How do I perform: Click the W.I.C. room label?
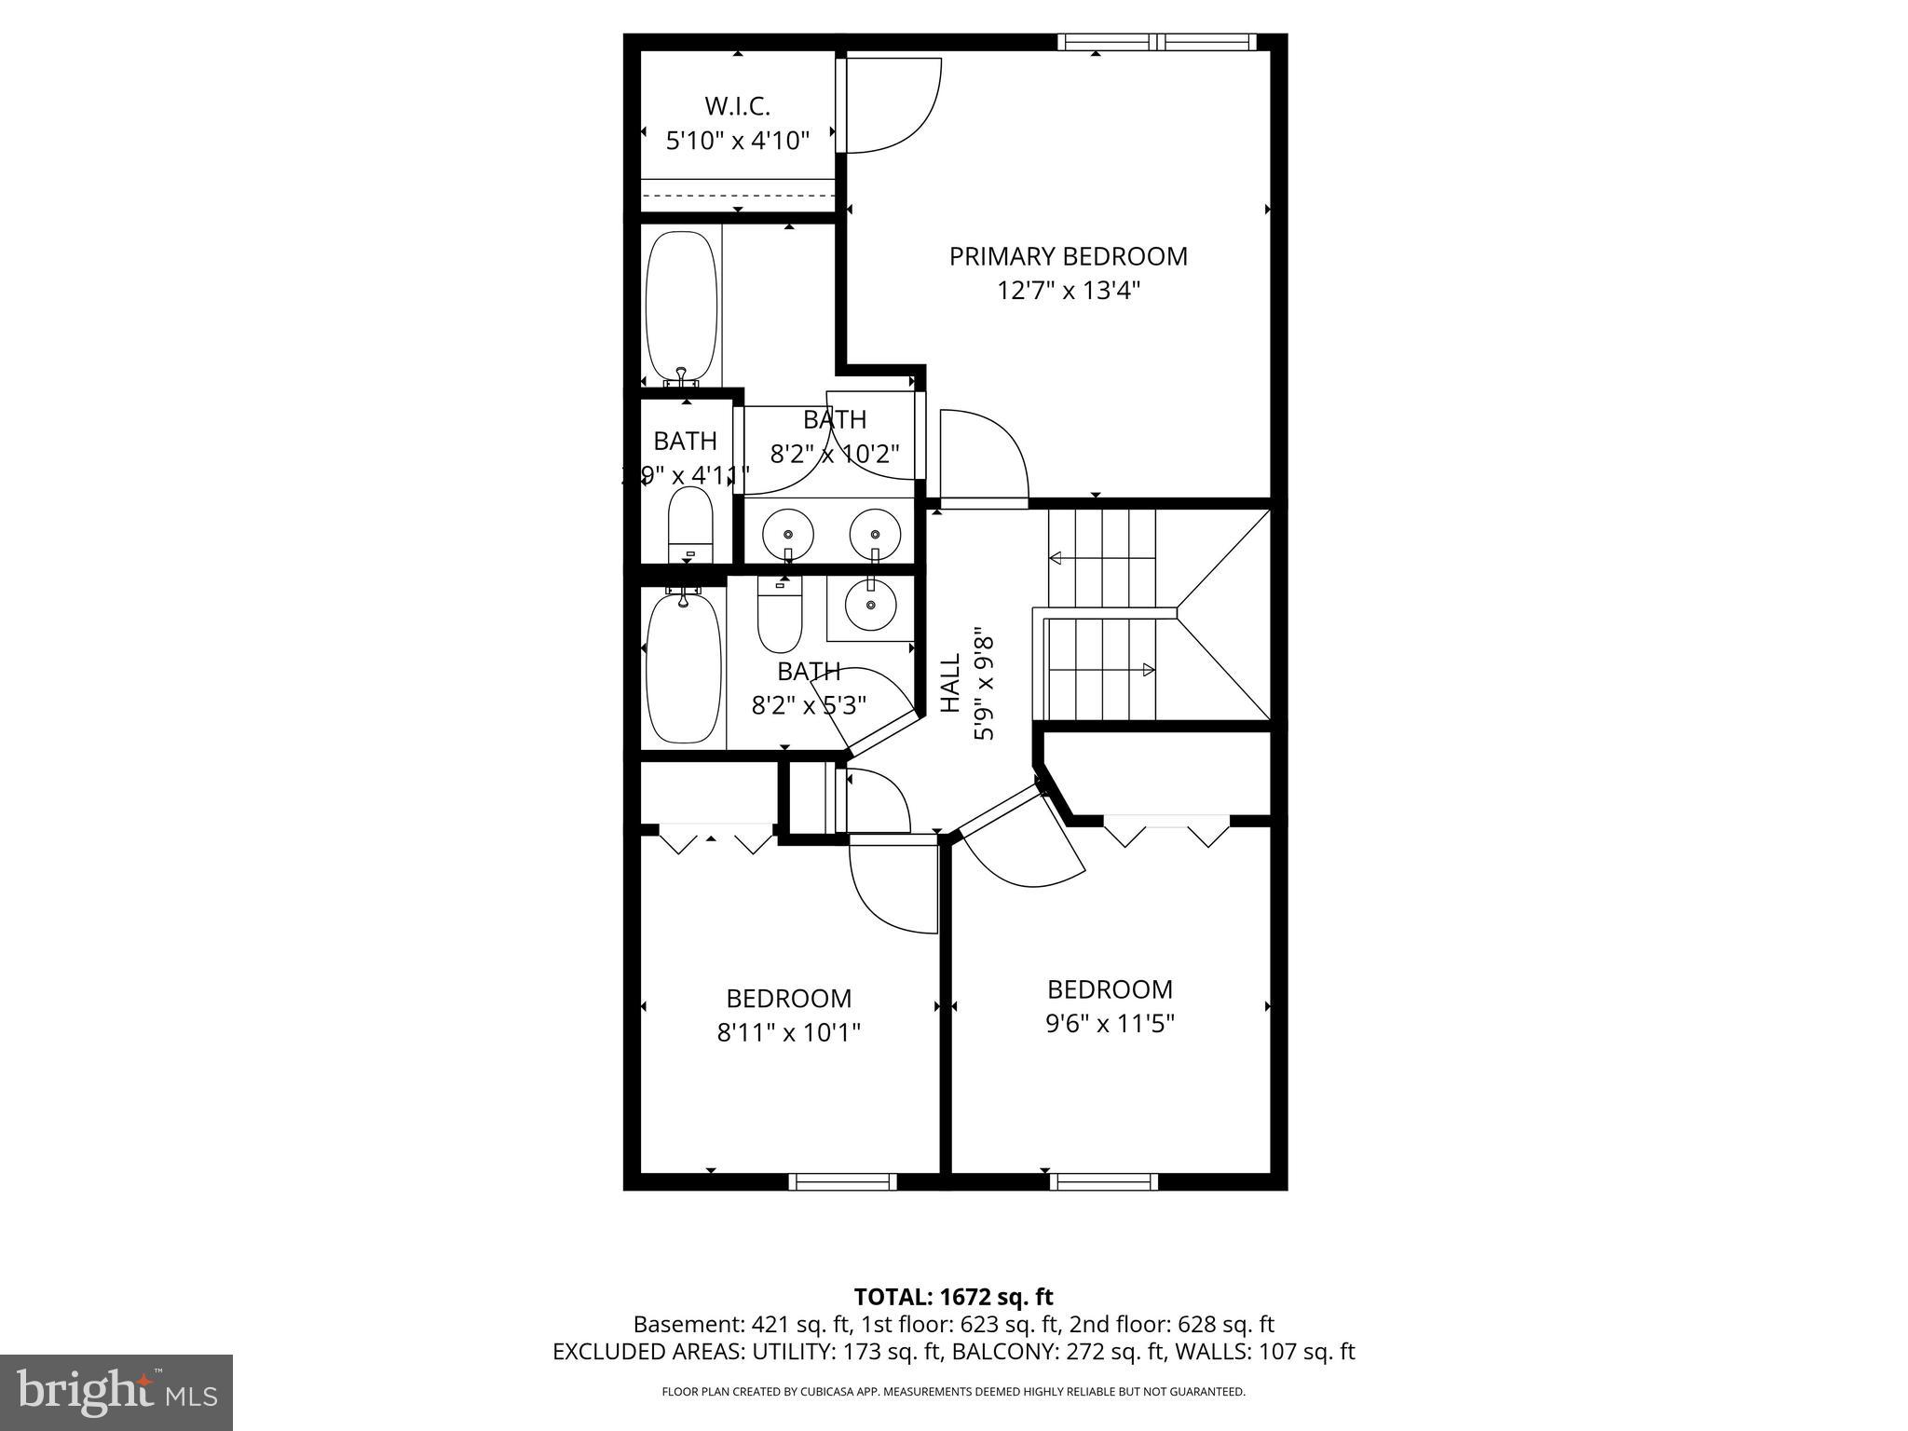pyautogui.click(x=737, y=106)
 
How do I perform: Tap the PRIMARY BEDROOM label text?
pyautogui.click(x=1068, y=256)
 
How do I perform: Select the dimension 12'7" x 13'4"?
pyautogui.click(x=1068, y=291)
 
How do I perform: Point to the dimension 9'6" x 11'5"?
pyautogui.click(x=1109, y=1024)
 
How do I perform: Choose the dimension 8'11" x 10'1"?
pyautogui.click(x=788, y=1032)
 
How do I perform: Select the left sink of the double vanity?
pyautogui.click(x=788, y=535)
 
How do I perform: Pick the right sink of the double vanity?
pyautogui.click(x=875, y=535)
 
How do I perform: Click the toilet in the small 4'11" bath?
pyautogui.click(x=690, y=524)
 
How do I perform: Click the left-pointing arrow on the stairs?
pyautogui.click(x=1056, y=559)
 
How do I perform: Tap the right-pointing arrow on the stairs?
pyautogui.click(x=1149, y=669)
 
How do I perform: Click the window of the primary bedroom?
pyautogui.click(x=1156, y=42)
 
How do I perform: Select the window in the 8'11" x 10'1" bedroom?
pyautogui.click(x=842, y=1181)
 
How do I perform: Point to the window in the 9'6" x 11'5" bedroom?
pyautogui.click(x=1104, y=1181)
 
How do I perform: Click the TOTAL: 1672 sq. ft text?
pyautogui.click(x=953, y=1297)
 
